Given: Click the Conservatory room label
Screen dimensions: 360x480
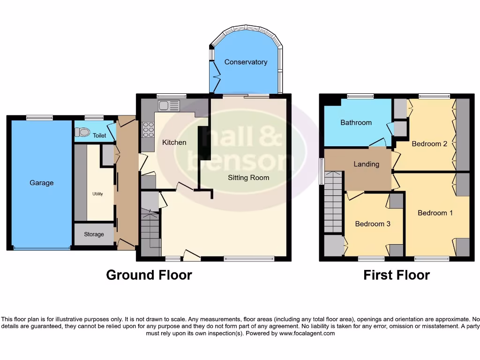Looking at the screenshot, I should [x=246, y=62].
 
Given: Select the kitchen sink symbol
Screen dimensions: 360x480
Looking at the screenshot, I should [x=169, y=105].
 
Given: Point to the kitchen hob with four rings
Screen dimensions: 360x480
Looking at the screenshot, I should [x=148, y=129].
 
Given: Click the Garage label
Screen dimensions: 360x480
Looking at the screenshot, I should [x=42, y=183].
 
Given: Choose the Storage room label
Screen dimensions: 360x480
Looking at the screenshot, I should [x=94, y=234].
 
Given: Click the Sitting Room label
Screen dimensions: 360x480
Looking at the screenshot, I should [x=248, y=177].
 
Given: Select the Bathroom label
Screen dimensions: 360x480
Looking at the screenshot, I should [x=356, y=122].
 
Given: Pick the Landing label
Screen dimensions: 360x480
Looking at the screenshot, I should [x=366, y=164].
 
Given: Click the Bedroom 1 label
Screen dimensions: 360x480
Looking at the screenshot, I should [x=435, y=213].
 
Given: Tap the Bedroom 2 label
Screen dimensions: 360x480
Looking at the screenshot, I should [x=429, y=144].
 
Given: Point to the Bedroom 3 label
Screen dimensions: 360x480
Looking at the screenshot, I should [x=373, y=224].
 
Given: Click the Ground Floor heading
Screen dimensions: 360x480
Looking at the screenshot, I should [x=149, y=275].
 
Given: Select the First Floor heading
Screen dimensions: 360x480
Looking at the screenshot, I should [x=396, y=275].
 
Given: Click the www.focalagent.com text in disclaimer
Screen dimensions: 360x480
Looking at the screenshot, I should [x=307, y=333].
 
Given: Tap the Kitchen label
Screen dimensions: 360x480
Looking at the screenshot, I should [x=174, y=142].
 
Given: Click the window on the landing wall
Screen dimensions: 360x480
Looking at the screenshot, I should [x=322, y=171].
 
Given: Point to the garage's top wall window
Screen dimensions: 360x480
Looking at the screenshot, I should [x=39, y=118].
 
